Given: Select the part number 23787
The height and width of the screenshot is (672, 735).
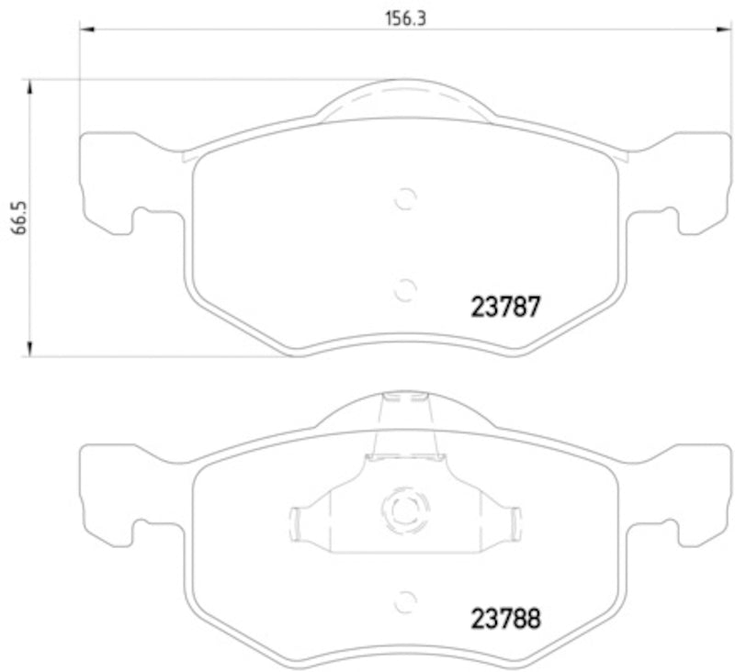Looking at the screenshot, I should (504, 306).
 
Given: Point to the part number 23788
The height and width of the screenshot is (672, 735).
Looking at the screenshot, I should (504, 618).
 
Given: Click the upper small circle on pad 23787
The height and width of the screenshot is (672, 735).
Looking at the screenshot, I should (405, 197).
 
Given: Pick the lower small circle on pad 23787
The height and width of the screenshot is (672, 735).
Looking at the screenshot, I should (405, 289).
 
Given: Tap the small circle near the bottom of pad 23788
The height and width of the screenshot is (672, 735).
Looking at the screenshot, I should (405, 602).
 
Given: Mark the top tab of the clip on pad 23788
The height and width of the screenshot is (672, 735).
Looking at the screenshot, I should (405, 399).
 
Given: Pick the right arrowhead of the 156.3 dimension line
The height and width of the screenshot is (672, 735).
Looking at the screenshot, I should (724, 28).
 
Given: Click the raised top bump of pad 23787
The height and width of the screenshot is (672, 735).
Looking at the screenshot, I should (405, 99).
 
